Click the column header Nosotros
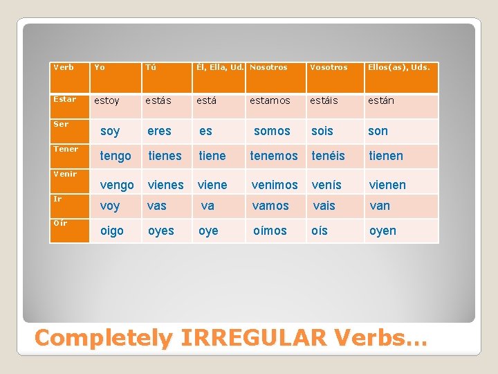(269, 67)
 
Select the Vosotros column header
(329, 67)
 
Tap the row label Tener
(66, 149)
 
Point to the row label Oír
(59, 222)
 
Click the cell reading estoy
(107, 100)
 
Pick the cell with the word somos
(272, 131)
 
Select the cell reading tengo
(116, 156)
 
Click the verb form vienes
(165, 185)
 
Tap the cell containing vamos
(270, 206)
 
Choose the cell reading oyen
(382, 231)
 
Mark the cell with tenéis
(329, 156)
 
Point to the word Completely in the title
(103, 338)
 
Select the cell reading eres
(159, 131)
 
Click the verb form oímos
(270, 231)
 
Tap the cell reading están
(381, 100)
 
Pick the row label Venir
(65, 174)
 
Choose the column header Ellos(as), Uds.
(399, 67)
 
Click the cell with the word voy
(110, 206)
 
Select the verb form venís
(326, 185)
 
